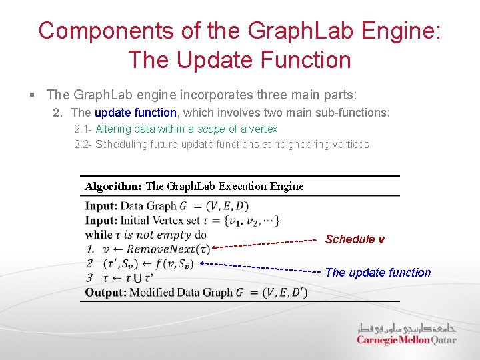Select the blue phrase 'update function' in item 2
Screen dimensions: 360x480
[x=136, y=113]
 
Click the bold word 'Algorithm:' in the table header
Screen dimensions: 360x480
[x=113, y=186]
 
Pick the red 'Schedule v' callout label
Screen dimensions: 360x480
[x=355, y=239]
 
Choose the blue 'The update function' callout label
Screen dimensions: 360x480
[x=378, y=272]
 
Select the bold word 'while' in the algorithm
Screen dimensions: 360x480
[x=99, y=235]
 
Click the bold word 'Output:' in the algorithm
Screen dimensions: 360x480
[x=105, y=293]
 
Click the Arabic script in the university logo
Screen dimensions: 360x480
[x=405, y=328]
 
